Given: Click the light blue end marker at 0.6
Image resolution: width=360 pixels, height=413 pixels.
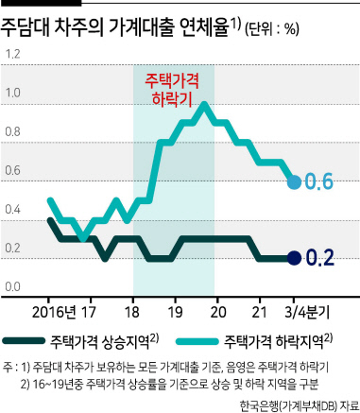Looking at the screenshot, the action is click(x=295, y=182).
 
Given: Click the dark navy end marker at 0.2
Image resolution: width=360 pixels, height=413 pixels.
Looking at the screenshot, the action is click(x=295, y=258).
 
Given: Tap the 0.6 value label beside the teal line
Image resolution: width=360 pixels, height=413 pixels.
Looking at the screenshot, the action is click(x=318, y=181).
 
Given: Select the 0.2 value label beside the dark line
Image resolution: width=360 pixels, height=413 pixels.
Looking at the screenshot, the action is click(x=319, y=258).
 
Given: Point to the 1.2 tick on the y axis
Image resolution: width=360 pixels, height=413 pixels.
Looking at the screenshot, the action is click(x=12, y=54).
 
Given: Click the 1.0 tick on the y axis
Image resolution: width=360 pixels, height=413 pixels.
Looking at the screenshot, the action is click(x=12, y=93).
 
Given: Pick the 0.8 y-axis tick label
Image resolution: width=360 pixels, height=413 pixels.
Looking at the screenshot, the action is click(x=12, y=131).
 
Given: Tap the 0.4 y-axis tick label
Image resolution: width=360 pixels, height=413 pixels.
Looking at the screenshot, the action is click(x=12, y=210).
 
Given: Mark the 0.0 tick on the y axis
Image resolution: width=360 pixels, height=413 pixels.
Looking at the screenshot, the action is click(x=12, y=287).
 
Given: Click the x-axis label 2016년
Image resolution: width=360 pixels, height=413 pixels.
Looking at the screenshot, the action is click(x=54, y=312).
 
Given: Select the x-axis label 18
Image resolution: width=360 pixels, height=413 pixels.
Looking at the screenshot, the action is click(x=132, y=312).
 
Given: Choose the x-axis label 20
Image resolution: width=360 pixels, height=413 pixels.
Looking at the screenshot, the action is click(x=218, y=312).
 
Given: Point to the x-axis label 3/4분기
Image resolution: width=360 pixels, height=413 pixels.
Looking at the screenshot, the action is click(x=307, y=312).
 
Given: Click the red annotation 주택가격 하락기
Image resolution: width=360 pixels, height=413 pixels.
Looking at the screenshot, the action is click(x=172, y=90).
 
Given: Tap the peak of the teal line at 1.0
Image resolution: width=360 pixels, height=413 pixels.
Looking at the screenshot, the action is click(x=204, y=105).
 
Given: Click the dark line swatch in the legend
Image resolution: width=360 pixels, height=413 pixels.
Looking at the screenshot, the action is click(x=24, y=341).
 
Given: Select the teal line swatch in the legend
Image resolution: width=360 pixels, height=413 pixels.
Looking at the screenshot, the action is click(x=197, y=341).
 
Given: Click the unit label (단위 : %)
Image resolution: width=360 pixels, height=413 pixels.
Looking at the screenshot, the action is click(x=271, y=29).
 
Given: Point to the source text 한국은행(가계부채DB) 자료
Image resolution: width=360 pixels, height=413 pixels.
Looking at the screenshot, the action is click(x=300, y=405).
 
